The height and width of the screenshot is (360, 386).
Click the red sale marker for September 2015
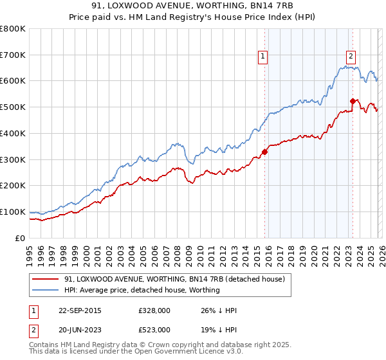click(x=264, y=152)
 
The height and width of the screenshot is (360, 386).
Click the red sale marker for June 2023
click(x=353, y=101)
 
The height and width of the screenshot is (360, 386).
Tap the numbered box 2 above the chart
click(x=351, y=57)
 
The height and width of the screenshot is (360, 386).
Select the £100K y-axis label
click(x=13, y=212)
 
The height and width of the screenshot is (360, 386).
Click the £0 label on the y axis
click(x=20, y=238)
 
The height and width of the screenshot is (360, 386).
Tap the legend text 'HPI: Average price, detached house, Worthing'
click(x=142, y=290)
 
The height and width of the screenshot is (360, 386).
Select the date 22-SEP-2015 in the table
click(x=79, y=310)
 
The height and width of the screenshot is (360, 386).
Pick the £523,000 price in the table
click(x=154, y=329)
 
